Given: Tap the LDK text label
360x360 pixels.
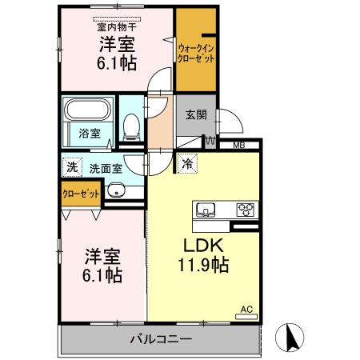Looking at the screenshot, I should pos(202,246).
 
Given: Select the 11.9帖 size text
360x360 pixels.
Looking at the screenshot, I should pos(202,266).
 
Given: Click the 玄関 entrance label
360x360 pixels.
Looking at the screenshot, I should pos(196,114).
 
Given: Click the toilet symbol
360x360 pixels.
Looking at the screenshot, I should pos(132,125).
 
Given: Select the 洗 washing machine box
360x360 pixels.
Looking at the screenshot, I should pos(72,168).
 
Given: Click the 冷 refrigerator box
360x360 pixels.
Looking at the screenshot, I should pos(187,164).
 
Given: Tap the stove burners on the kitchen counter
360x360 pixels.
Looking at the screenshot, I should pos(245,210).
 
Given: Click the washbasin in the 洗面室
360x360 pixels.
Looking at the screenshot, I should pos(117,191).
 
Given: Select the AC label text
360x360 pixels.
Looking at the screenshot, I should pos(246,309).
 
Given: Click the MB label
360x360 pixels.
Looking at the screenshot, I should pos(239,146).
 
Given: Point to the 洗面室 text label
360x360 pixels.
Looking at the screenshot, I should pos(106,168).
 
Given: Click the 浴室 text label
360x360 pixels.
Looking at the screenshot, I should pos(90,133).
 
